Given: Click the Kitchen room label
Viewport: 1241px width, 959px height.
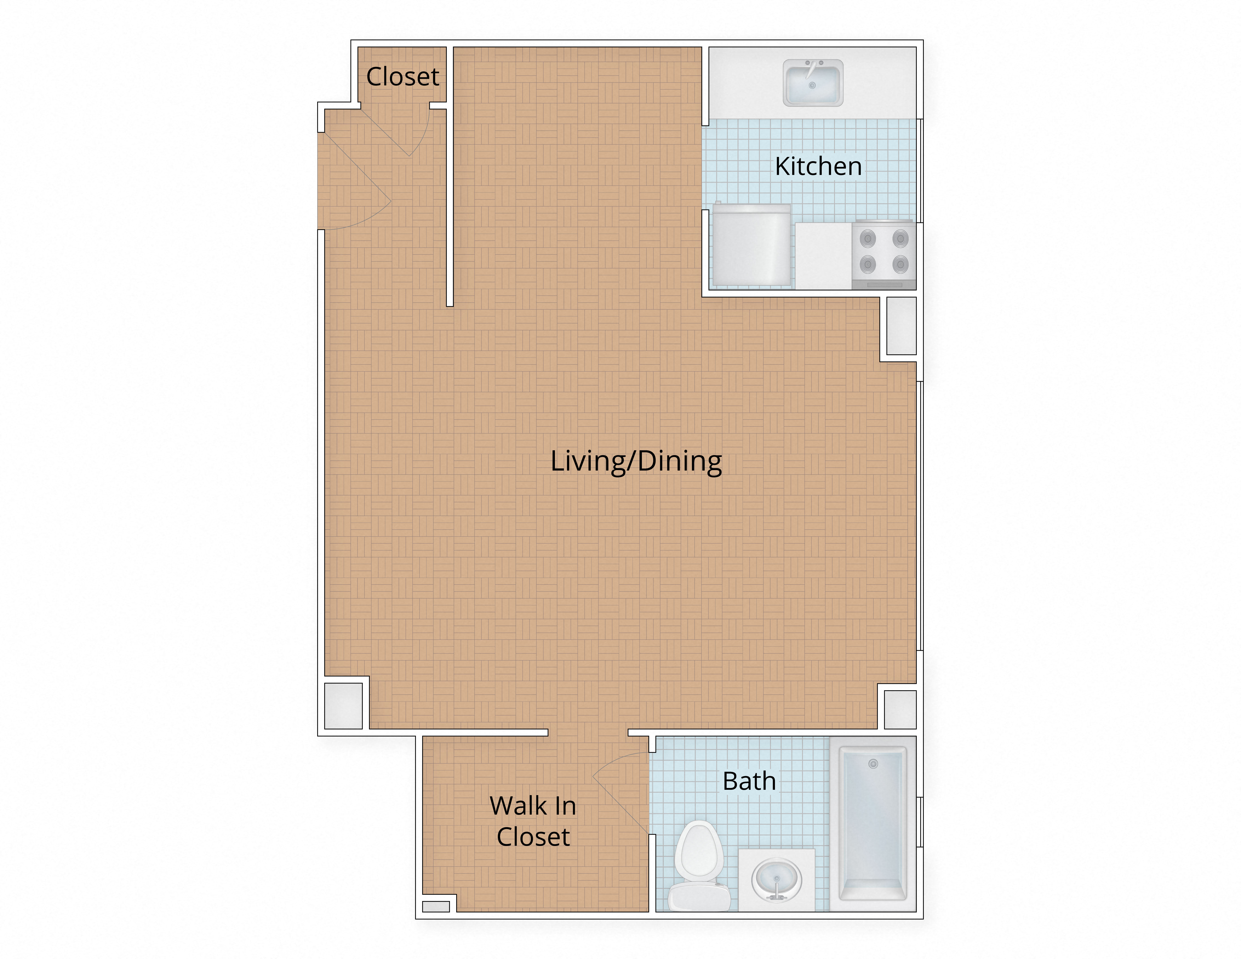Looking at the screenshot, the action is point(818,167).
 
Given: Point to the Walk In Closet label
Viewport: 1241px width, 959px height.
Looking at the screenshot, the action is point(533,821).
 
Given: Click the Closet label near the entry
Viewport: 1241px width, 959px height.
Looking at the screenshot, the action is point(402,77).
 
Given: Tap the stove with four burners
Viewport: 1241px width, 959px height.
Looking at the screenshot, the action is point(884,255).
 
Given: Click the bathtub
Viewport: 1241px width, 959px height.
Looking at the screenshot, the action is point(873,824).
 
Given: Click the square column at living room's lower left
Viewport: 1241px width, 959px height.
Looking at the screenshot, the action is point(343,706).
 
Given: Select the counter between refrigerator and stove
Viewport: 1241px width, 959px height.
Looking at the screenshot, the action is point(823,256).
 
